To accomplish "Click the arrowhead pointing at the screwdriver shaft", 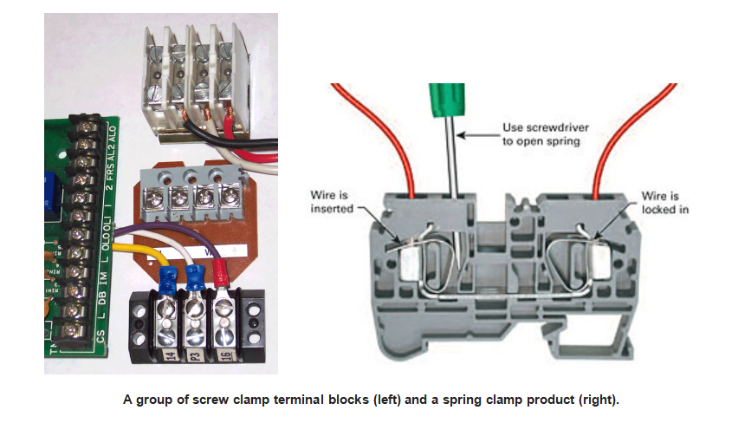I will [x=462, y=135].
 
